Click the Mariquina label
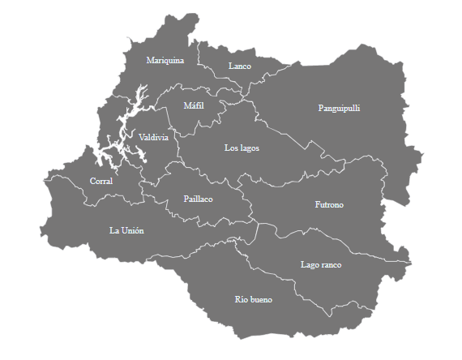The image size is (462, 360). [165, 61]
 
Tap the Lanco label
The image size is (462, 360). [240, 66]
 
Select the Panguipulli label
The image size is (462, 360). [339, 108]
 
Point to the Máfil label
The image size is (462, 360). [193, 106]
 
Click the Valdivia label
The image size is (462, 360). [153, 137]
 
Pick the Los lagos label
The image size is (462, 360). [242, 148]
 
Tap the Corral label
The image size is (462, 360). [101, 181]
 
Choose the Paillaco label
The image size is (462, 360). [198, 199]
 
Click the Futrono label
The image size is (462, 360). [328, 205]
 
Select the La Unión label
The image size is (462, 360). [126, 230]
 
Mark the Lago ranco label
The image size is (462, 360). [320, 265]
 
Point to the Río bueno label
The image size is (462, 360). [253, 300]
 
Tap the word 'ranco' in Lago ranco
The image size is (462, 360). [331, 265]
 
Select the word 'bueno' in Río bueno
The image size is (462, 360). [261, 300]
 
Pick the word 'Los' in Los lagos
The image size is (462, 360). [231, 148]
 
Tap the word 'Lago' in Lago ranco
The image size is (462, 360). [309, 265]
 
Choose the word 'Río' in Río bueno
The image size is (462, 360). [241, 300]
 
